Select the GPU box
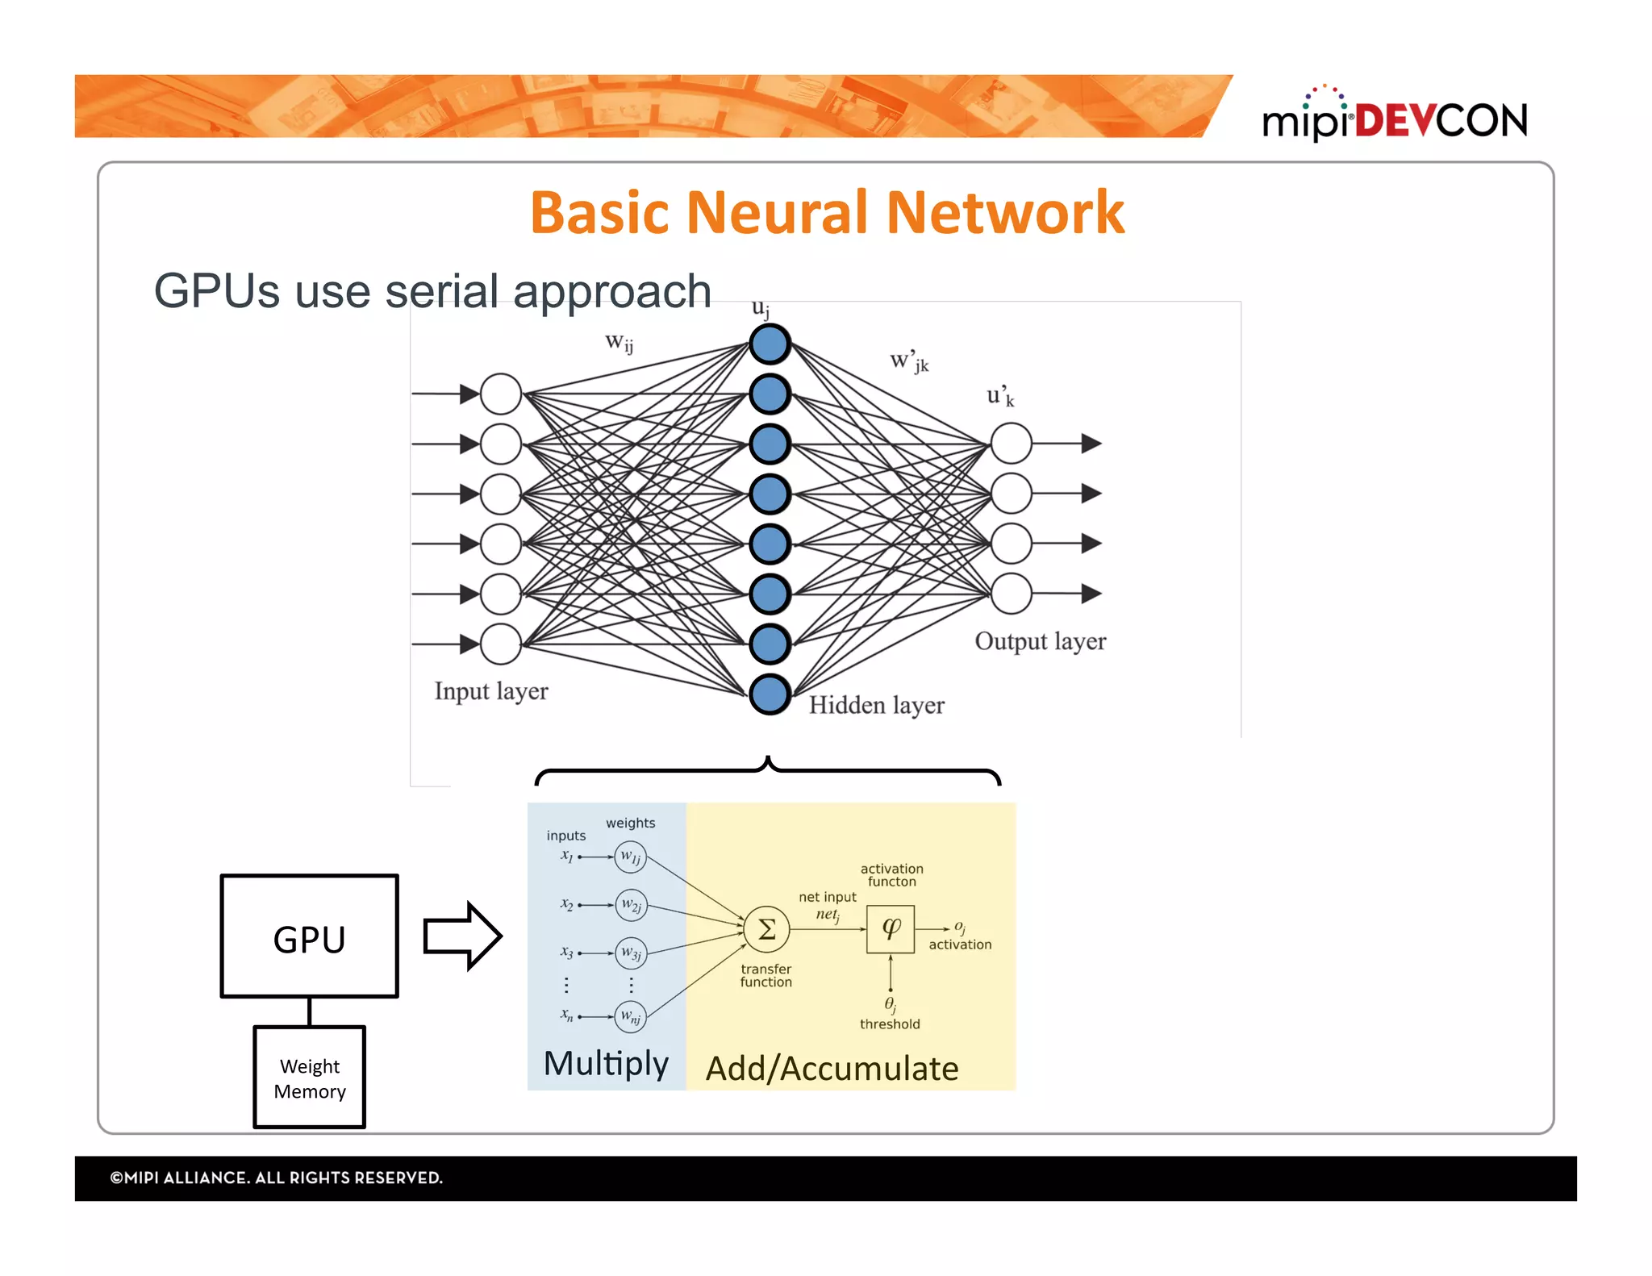[309, 936]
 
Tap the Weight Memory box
[309, 1078]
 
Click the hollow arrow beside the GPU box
[462, 936]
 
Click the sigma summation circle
[766, 929]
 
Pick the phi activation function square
[891, 929]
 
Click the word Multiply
[606, 1063]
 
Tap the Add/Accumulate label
[832, 1069]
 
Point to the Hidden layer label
[876, 705]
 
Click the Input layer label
[490, 691]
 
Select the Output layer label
[1040, 641]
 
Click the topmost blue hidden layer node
[770, 344]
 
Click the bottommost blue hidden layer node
[770, 694]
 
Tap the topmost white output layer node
[1011, 443]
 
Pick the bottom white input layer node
[501, 644]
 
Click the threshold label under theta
[890, 1024]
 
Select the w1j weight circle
[630, 857]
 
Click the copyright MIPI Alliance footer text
[276, 1178]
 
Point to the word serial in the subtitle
[442, 291]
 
